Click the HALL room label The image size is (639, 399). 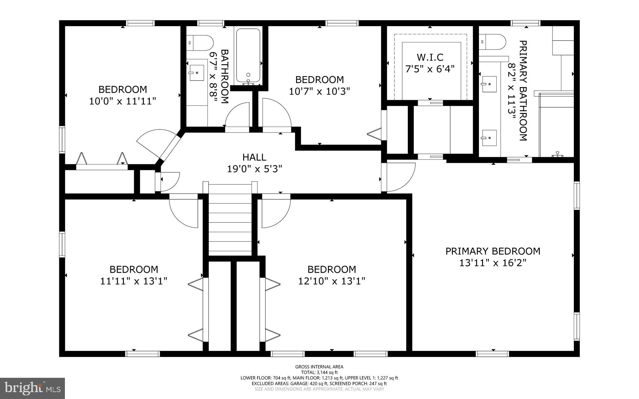[x=254, y=157]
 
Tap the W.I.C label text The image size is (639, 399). [x=430, y=57]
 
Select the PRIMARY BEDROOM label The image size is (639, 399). [x=493, y=251]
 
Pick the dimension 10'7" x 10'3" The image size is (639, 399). [x=319, y=91]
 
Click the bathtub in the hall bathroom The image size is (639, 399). [x=248, y=56]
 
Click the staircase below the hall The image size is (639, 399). [x=230, y=220]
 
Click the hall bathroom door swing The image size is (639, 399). [x=237, y=116]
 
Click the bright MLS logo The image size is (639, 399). [x=32, y=388]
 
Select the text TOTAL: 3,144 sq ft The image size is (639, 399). [x=319, y=372]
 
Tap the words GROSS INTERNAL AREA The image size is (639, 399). [x=319, y=367]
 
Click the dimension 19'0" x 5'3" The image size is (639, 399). [x=254, y=169]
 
